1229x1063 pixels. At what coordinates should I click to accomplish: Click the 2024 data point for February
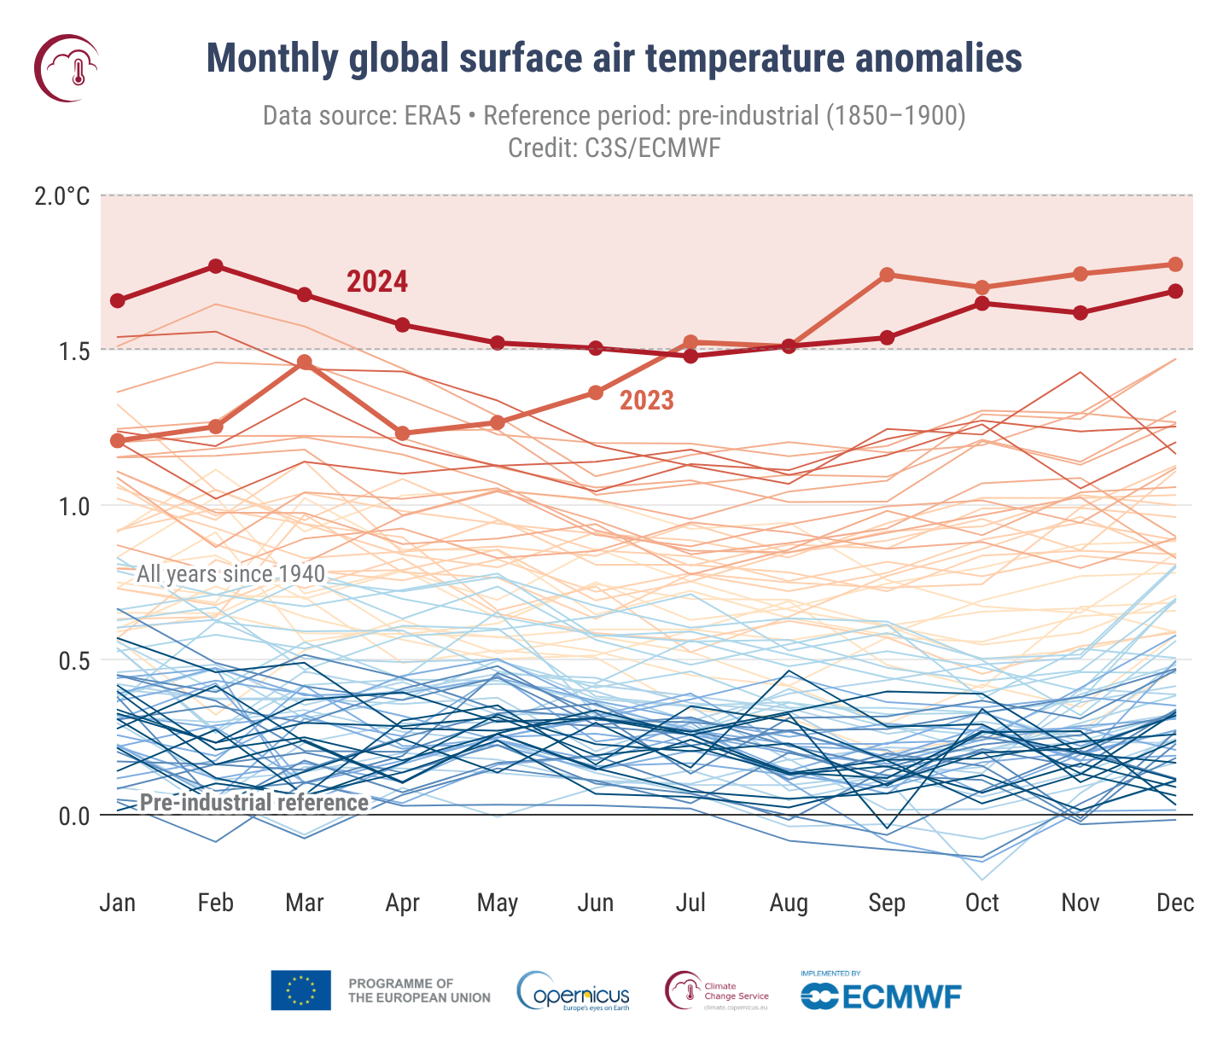point(216,266)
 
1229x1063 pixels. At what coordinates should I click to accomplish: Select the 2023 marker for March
point(305,363)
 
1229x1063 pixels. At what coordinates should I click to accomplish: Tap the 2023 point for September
point(887,275)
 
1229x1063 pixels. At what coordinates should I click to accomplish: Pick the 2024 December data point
point(1175,291)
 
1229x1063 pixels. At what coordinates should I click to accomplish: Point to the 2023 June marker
point(596,392)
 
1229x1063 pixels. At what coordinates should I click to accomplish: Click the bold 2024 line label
point(377,282)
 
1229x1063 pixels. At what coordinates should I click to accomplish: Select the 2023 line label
point(646,400)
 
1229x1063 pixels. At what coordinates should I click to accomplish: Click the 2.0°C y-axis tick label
point(61,197)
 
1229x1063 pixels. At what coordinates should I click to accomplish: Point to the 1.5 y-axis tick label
point(73,351)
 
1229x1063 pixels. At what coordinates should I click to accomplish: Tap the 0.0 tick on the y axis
point(73,816)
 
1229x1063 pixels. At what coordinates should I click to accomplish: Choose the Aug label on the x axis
point(789,903)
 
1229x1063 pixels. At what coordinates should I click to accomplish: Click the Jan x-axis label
point(118,903)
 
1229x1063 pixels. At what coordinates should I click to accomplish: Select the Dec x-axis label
point(1175,903)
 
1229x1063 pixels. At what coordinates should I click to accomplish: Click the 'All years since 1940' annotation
point(230,573)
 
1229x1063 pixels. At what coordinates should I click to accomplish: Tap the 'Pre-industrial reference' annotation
point(254,803)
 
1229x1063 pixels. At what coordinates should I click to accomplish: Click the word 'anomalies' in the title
point(938,59)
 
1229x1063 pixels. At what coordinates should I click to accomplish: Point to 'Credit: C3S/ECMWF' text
point(614,148)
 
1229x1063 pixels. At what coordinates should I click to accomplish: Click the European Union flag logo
point(300,990)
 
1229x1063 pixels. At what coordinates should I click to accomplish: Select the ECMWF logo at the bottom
point(881,996)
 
